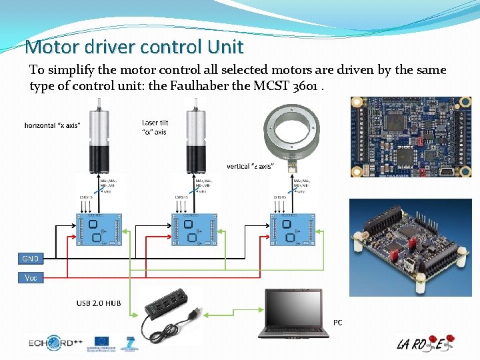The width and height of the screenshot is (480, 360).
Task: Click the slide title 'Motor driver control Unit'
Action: click(x=133, y=47)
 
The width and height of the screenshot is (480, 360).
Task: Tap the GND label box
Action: click(x=30, y=259)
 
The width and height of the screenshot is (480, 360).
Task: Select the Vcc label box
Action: click(x=30, y=277)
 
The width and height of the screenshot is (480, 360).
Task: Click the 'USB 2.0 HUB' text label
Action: click(x=99, y=303)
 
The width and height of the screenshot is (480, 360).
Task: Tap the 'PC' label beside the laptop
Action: click(x=337, y=323)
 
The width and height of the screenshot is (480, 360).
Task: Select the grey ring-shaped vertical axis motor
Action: click(x=292, y=133)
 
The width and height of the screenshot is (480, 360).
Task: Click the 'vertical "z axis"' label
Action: click(x=249, y=166)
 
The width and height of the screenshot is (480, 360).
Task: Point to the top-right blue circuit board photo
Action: click(x=411, y=137)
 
